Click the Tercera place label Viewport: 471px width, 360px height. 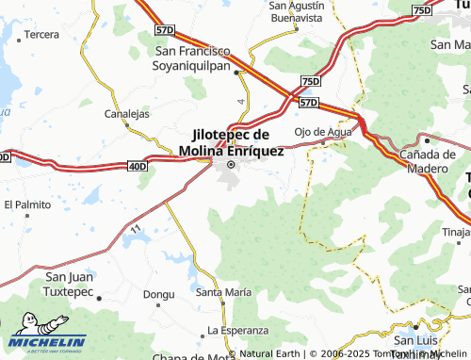41,34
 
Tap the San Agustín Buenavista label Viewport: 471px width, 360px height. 296,11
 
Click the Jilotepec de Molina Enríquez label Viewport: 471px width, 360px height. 231,142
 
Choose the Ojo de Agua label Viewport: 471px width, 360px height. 323,132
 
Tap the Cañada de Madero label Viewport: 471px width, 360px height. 428,160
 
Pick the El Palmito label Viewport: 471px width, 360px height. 27,204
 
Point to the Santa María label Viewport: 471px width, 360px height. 223,293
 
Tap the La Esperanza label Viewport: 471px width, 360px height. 238,331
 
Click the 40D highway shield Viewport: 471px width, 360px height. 138,167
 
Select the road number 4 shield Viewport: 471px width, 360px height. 240,100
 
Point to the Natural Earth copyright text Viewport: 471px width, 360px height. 268,354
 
